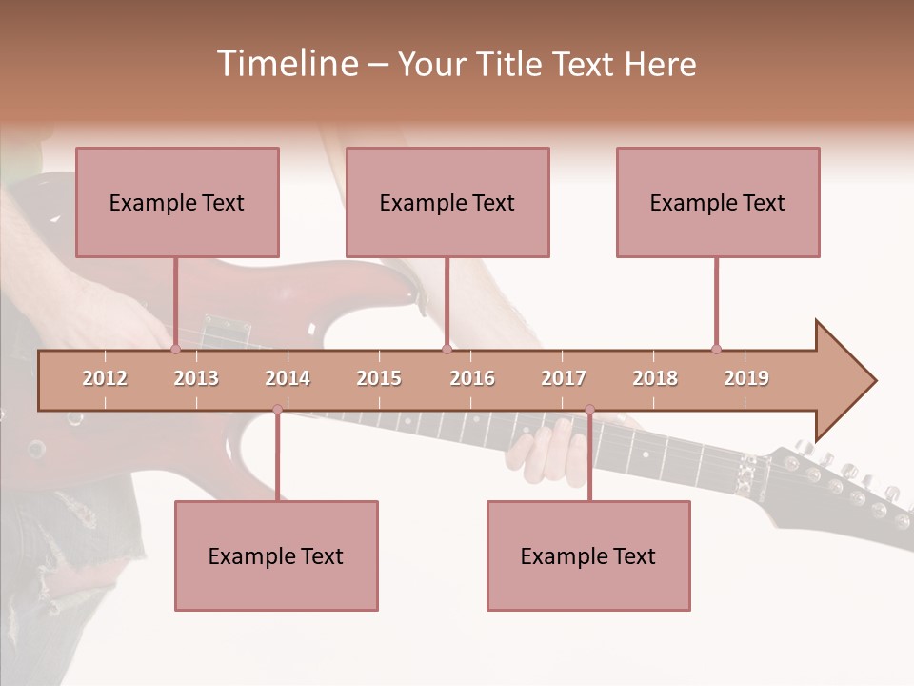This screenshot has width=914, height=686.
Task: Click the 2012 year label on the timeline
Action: click(105, 378)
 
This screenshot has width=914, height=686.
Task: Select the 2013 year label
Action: click(196, 378)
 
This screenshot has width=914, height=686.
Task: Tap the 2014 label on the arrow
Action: click(288, 378)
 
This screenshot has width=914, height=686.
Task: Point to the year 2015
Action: click(379, 378)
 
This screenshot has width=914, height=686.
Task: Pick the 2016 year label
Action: click(472, 378)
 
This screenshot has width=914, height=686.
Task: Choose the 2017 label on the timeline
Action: click(564, 378)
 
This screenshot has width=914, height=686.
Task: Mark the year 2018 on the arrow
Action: click(655, 378)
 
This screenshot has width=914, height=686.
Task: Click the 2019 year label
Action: click(746, 378)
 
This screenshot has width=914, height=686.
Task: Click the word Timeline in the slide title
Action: click(286, 64)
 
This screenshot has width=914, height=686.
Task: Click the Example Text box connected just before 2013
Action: click(177, 202)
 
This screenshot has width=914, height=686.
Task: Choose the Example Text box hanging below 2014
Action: click(276, 555)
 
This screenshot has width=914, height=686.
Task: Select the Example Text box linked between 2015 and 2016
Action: click(447, 202)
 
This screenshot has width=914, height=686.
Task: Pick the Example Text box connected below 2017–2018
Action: click(588, 555)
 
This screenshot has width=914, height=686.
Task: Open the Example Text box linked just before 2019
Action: click(718, 202)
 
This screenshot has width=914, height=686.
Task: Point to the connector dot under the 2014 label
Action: click(277, 409)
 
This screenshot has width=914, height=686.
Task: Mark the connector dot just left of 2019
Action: click(716, 349)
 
